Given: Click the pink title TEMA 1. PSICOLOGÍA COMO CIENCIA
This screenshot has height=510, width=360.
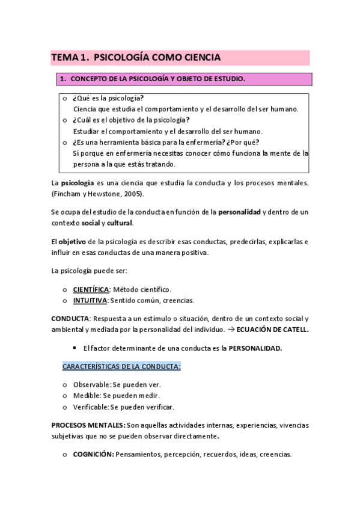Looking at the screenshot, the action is [x=136, y=58].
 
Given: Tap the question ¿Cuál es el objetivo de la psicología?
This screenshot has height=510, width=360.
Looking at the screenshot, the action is [x=130, y=120].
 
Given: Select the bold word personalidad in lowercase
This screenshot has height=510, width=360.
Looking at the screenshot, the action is [x=239, y=212].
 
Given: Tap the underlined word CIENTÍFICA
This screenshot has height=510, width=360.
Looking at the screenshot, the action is [x=91, y=289].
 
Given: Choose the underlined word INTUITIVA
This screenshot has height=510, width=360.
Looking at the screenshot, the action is [x=90, y=300].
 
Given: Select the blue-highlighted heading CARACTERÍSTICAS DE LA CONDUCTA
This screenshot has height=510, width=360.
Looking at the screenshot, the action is [x=121, y=366].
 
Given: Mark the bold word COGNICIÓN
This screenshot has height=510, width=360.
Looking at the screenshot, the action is [x=93, y=455].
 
